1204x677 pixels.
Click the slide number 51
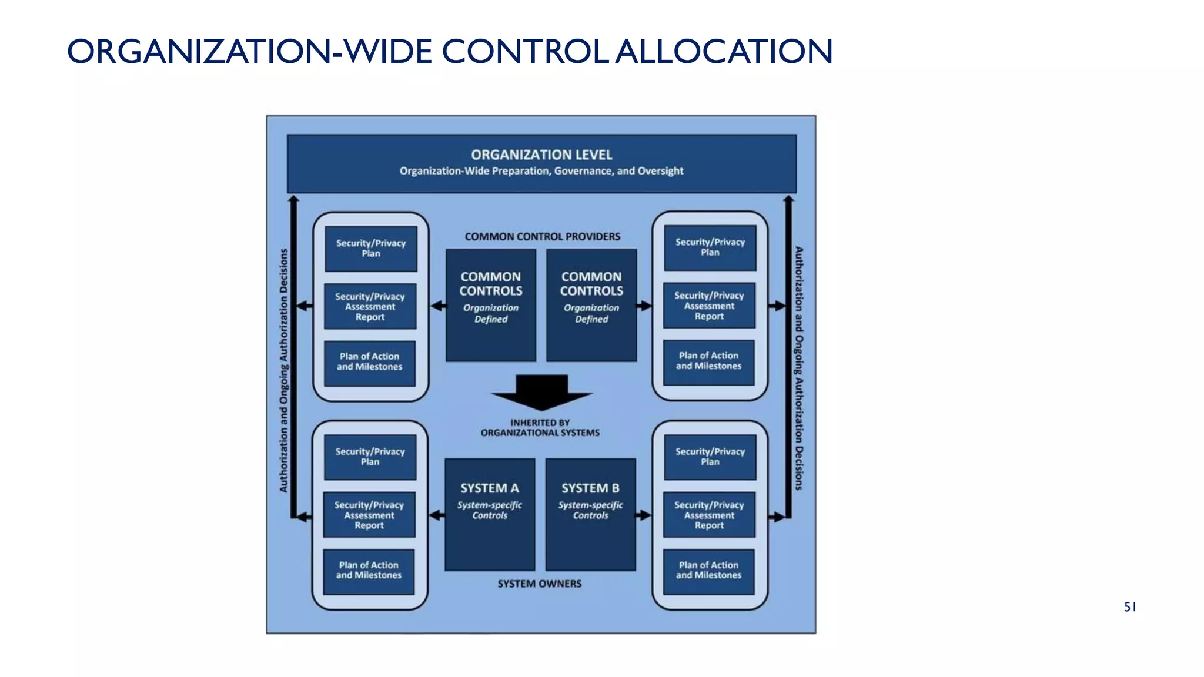[1130, 607]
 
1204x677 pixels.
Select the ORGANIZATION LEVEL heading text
[541, 155]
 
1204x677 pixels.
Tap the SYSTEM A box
[490, 514]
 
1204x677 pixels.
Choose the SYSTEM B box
[591, 514]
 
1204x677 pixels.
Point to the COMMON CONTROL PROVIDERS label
[542, 236]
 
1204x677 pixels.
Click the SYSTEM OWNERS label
[539, 584]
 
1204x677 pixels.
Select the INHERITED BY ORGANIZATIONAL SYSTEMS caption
[540, 427]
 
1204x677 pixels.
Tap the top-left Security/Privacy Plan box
[371, 249]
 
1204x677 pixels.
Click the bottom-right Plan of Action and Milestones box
[708, 571]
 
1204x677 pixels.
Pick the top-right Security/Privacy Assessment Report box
[709, 306]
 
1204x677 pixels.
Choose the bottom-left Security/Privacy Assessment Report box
[369, 515]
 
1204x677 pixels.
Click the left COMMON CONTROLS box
[491, 305]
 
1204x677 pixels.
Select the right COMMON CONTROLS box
[591, 305]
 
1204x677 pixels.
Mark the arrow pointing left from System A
[437, 515]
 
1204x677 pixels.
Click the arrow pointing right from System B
[644, 515]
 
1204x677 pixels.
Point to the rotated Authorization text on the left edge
[283, 370]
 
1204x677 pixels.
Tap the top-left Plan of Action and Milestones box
[370, 362]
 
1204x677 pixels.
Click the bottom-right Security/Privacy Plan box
[710, 457]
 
